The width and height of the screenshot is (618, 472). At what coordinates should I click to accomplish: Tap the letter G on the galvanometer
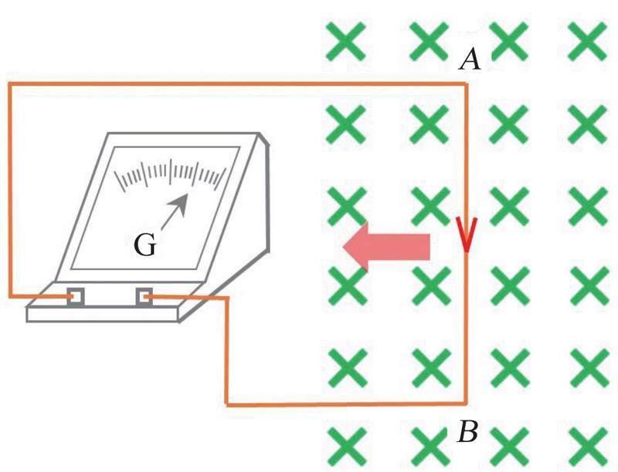[144, 246]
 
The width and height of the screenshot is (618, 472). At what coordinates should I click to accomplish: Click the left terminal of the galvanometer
[75, 296]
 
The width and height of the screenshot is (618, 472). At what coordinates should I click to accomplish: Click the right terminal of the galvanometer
[144, 296]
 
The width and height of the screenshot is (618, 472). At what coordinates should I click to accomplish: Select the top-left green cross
[345, 41]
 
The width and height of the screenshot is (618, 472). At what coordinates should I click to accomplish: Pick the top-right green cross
[587, 41]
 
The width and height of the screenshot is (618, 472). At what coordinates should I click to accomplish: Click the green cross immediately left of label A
[428, 41]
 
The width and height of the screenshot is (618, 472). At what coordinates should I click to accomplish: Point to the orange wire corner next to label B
[465, 402]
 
